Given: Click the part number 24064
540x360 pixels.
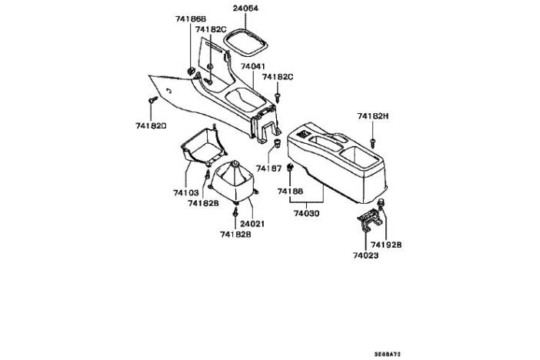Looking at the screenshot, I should pyautogui.click(x=245, y=9).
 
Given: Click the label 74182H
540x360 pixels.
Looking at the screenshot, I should pyautogui.click(x=373, y=116).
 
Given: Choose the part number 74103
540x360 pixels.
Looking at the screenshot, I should pyautogui.click(x=185, y=192).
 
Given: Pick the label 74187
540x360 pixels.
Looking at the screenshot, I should pyautogui.click(x=269, y=168).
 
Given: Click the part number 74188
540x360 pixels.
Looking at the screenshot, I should pyautogui.click(x=290, y=190).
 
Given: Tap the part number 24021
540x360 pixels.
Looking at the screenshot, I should pyautogui.click(x=252, y=224).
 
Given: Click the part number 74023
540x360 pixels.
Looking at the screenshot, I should pyautogui.click(x=367, y=255).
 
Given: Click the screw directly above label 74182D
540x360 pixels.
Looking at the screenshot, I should pyautogui.click(x=152, y=101).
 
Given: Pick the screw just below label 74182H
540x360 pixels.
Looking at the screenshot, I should pyautogui.click(x=372, y=142).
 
